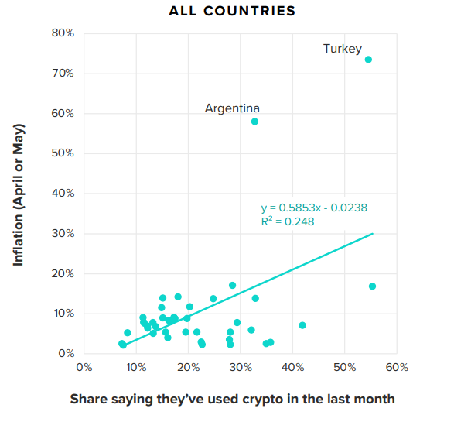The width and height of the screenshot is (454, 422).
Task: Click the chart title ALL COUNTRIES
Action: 232,12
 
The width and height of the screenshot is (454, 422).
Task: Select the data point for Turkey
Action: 368,60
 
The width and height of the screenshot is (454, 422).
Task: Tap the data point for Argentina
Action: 254,122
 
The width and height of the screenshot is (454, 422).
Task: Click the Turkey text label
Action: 342,49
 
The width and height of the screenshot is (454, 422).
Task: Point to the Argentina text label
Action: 232,108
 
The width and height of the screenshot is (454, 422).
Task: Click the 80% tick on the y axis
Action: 63,33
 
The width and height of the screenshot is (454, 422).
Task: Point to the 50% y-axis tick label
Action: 63,153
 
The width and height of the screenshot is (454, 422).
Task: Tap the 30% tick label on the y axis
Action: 63,233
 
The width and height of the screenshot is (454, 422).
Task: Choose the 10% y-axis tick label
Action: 63,314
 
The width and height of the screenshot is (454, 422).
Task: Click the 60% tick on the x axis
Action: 397,367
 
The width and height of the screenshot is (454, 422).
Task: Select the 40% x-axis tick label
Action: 292,367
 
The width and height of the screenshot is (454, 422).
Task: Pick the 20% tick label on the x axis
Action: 188,367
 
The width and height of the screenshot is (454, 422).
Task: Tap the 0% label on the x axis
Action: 84,367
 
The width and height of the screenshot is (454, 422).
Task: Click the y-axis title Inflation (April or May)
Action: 19,194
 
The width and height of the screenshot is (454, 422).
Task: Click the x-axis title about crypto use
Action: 232,400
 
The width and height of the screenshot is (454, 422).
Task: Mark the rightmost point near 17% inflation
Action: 372,286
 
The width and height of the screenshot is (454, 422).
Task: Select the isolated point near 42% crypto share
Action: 302,325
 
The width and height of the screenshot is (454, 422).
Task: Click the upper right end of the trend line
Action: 373,233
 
